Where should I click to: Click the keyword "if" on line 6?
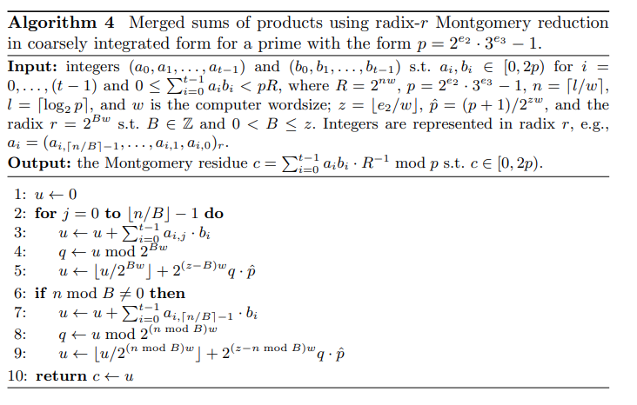[40, 293]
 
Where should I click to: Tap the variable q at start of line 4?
[63, 252]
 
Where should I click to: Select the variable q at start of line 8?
[63, 333]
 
